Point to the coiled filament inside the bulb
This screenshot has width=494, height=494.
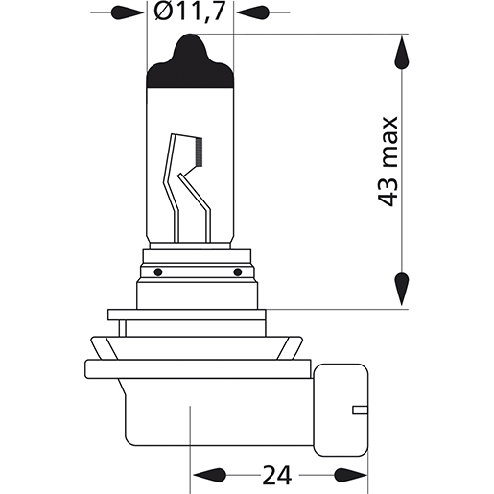[199, 149]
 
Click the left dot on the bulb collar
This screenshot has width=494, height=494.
[156, 271]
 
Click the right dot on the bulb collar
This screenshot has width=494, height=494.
[237, 271]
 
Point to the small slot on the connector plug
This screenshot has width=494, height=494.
[361, 410]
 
